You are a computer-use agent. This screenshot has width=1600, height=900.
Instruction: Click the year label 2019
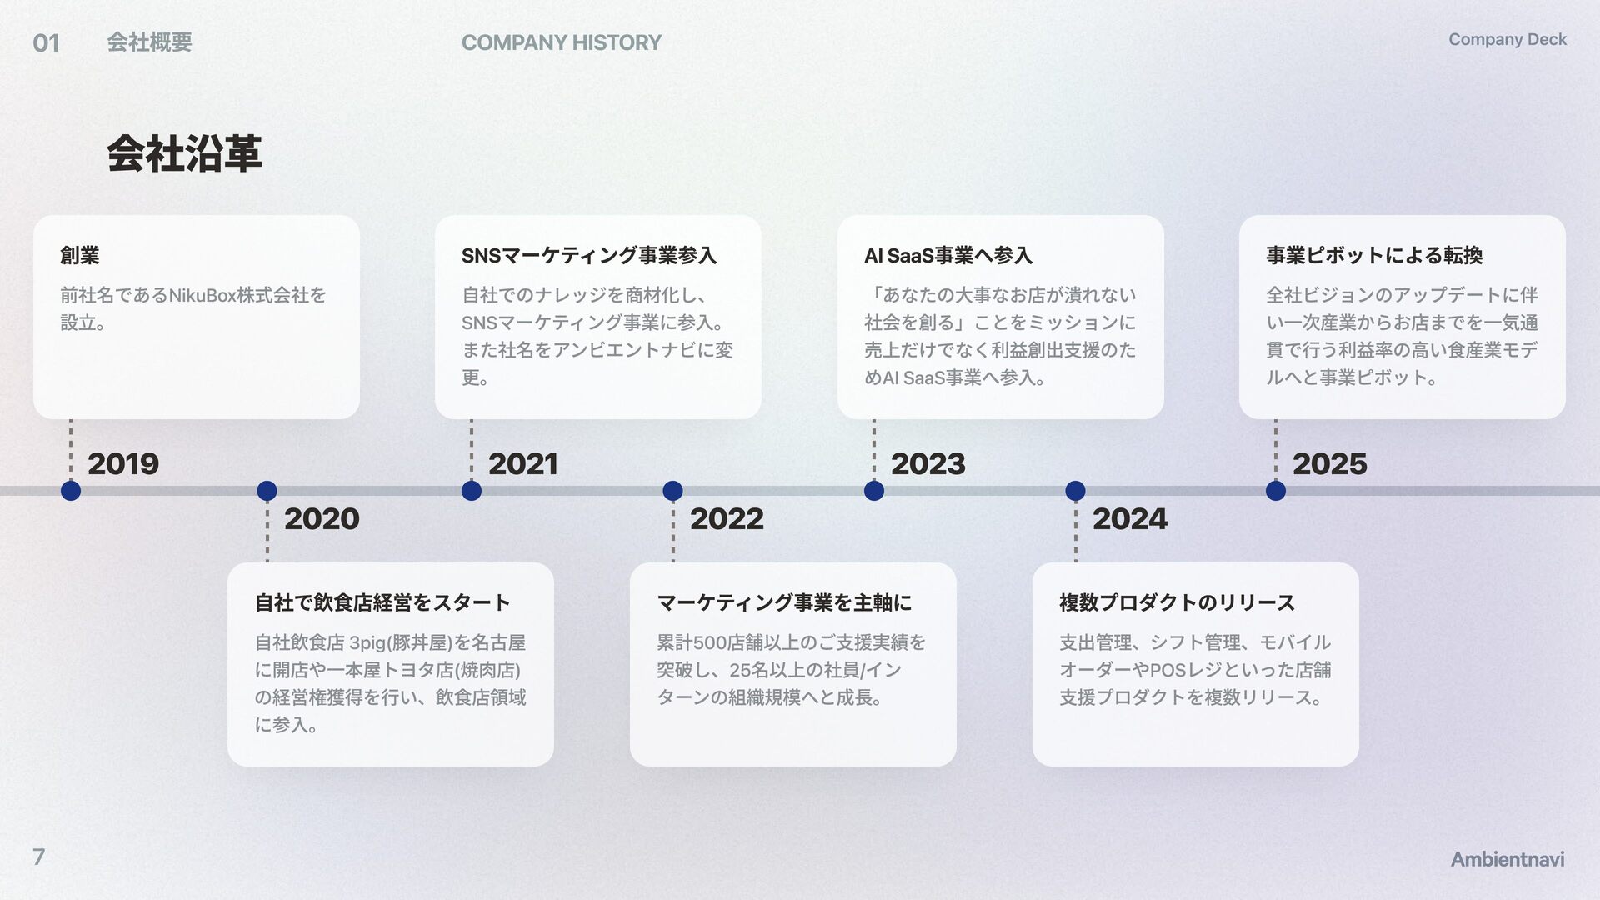(x=122, y=464)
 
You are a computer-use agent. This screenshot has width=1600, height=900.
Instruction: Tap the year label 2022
(x=727, y=519)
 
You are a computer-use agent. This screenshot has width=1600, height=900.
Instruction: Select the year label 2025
(x=1329, y=464)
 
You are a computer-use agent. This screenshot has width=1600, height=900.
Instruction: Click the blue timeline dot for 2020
(x=267, y=491)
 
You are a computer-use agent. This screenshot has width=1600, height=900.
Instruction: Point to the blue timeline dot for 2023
(x=874, y=491)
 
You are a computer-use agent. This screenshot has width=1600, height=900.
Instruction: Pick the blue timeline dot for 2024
(x=1075, y=491)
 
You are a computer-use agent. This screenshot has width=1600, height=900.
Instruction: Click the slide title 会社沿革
(x=184, y=154)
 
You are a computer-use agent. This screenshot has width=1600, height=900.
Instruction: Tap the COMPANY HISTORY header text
(x=561, y=42)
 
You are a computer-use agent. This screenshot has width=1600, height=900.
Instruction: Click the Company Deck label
(x=1507, y=39)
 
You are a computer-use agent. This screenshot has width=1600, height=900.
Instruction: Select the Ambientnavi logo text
(x=1507, y=859)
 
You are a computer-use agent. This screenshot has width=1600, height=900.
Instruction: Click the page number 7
(x=38, y=857)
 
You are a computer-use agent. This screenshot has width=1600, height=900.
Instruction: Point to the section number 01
(x=46, y=42)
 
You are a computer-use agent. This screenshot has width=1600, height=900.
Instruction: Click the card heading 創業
(x=80, y=255)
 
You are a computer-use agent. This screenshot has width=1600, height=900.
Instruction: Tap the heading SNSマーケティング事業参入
(x=588, y=255)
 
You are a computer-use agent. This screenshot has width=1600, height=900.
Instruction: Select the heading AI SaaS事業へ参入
(x=947, y=255)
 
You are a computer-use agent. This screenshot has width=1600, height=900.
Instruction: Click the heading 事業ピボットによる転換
(x=1373, y=255)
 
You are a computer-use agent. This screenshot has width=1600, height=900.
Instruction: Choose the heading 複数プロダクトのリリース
(x=1176, y=602)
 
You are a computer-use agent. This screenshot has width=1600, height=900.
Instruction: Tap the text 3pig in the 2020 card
(x=367, y=642)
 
